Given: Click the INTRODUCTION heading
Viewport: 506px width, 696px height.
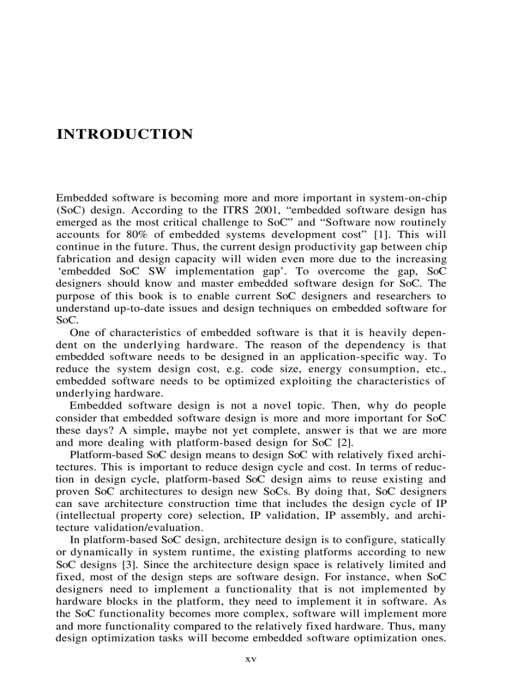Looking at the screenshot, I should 125,134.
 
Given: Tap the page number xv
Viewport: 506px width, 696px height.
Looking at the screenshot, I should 251,659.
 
